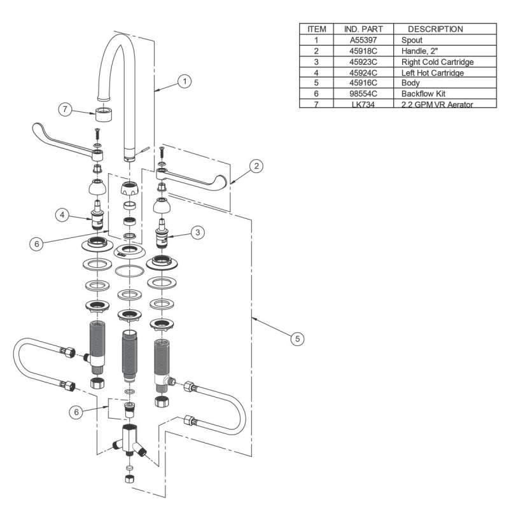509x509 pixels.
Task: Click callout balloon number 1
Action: click(185, 81)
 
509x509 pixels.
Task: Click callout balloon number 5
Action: click(296, 339)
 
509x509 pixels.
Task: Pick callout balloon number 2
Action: click(256, 167)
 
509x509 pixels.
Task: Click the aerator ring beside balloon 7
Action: click(104, 116)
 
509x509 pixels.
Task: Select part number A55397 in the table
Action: click(361, 39)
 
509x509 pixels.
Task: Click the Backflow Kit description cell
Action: click(423, 94)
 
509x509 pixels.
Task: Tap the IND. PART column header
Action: click(361, 29)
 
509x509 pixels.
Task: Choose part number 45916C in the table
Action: click(361, 83)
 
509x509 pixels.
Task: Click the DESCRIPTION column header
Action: click(435, 29)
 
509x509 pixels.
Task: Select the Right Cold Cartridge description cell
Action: click(438, 62)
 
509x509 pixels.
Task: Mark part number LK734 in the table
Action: click(361, 104)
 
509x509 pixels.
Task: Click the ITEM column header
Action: click(316, 29)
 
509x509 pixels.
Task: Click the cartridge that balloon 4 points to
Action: click(99, 214)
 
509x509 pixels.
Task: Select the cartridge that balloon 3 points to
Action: click(165, 236)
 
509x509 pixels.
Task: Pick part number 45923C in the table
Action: click(361, 62)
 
